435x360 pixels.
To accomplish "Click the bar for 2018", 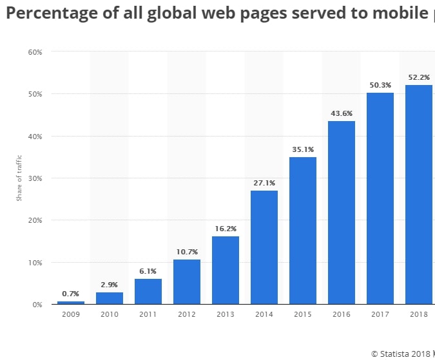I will tap(419, 194).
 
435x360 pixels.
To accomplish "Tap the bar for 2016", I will tap(342, 212).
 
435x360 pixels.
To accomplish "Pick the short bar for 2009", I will tap(70, 302).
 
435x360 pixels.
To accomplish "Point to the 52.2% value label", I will tap(419, 77).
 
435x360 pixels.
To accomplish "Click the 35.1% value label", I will tap(302, 149).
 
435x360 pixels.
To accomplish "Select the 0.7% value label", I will tap(70, 294).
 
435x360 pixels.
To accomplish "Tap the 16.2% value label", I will tap(225, 229).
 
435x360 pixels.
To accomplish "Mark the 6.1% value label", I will tap(148, 271).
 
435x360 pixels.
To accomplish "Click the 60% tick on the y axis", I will tap(34, 52).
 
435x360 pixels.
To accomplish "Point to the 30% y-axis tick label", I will tap(34, 178).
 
